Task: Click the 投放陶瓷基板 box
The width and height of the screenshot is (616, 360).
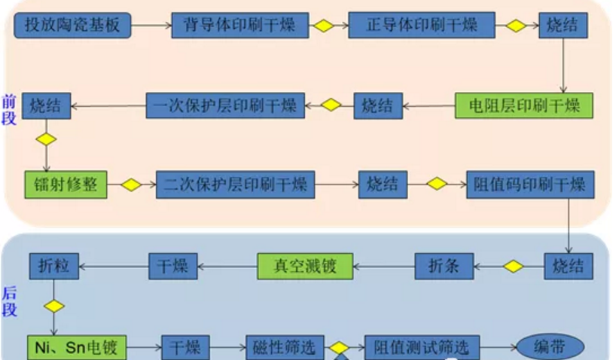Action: (x=72, y=26)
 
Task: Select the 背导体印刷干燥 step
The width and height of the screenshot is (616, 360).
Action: (x=240, y=26)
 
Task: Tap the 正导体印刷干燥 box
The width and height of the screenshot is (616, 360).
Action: (x=422, y=26)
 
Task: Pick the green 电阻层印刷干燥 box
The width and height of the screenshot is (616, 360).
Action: (x=523, y=105)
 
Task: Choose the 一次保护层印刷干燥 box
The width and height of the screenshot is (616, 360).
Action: (x=225, y=105)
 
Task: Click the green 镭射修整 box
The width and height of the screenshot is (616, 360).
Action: (x=66, y=185)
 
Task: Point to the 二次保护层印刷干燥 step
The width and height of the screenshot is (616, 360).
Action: (x=236, y=185)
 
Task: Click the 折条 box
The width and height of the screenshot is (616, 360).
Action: (x=444, y=265)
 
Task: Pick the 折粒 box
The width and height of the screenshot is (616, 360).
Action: (x=53, y=265)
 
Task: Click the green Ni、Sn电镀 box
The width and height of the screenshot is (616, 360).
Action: (x=76, y=347)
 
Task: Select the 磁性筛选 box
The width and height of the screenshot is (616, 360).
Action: (x=285, y=347)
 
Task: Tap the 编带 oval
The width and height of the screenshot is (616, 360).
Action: (x=550, y=347)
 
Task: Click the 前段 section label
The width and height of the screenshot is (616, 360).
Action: (x=9, y=111)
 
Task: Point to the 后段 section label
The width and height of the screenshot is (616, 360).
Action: (x=9, y=301)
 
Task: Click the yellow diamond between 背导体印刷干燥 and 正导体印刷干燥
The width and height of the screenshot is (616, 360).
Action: (x=323, y=26)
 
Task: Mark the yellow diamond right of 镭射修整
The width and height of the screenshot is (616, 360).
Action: (x=132, y=185)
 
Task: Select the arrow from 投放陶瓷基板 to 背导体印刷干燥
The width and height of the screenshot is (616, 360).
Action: (x=151, y=26)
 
